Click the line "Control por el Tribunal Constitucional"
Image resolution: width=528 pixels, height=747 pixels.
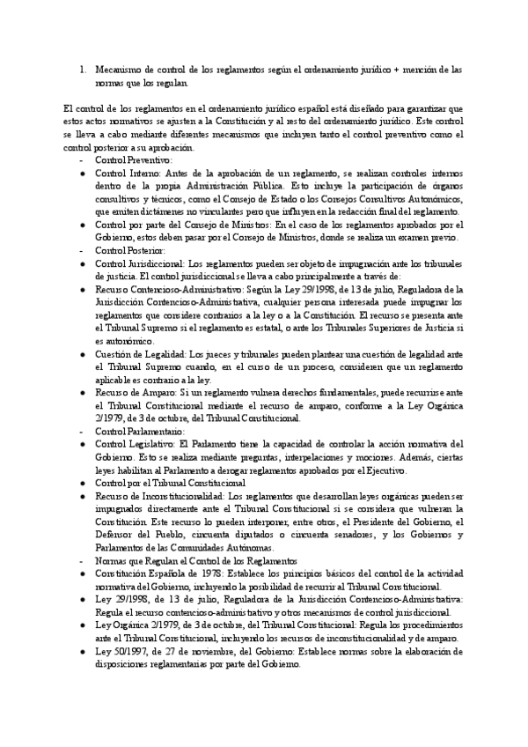coord(170,484)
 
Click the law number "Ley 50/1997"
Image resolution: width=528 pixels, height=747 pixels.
coord(121,651)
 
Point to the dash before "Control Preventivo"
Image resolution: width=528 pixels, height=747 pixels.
coord(81,161)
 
